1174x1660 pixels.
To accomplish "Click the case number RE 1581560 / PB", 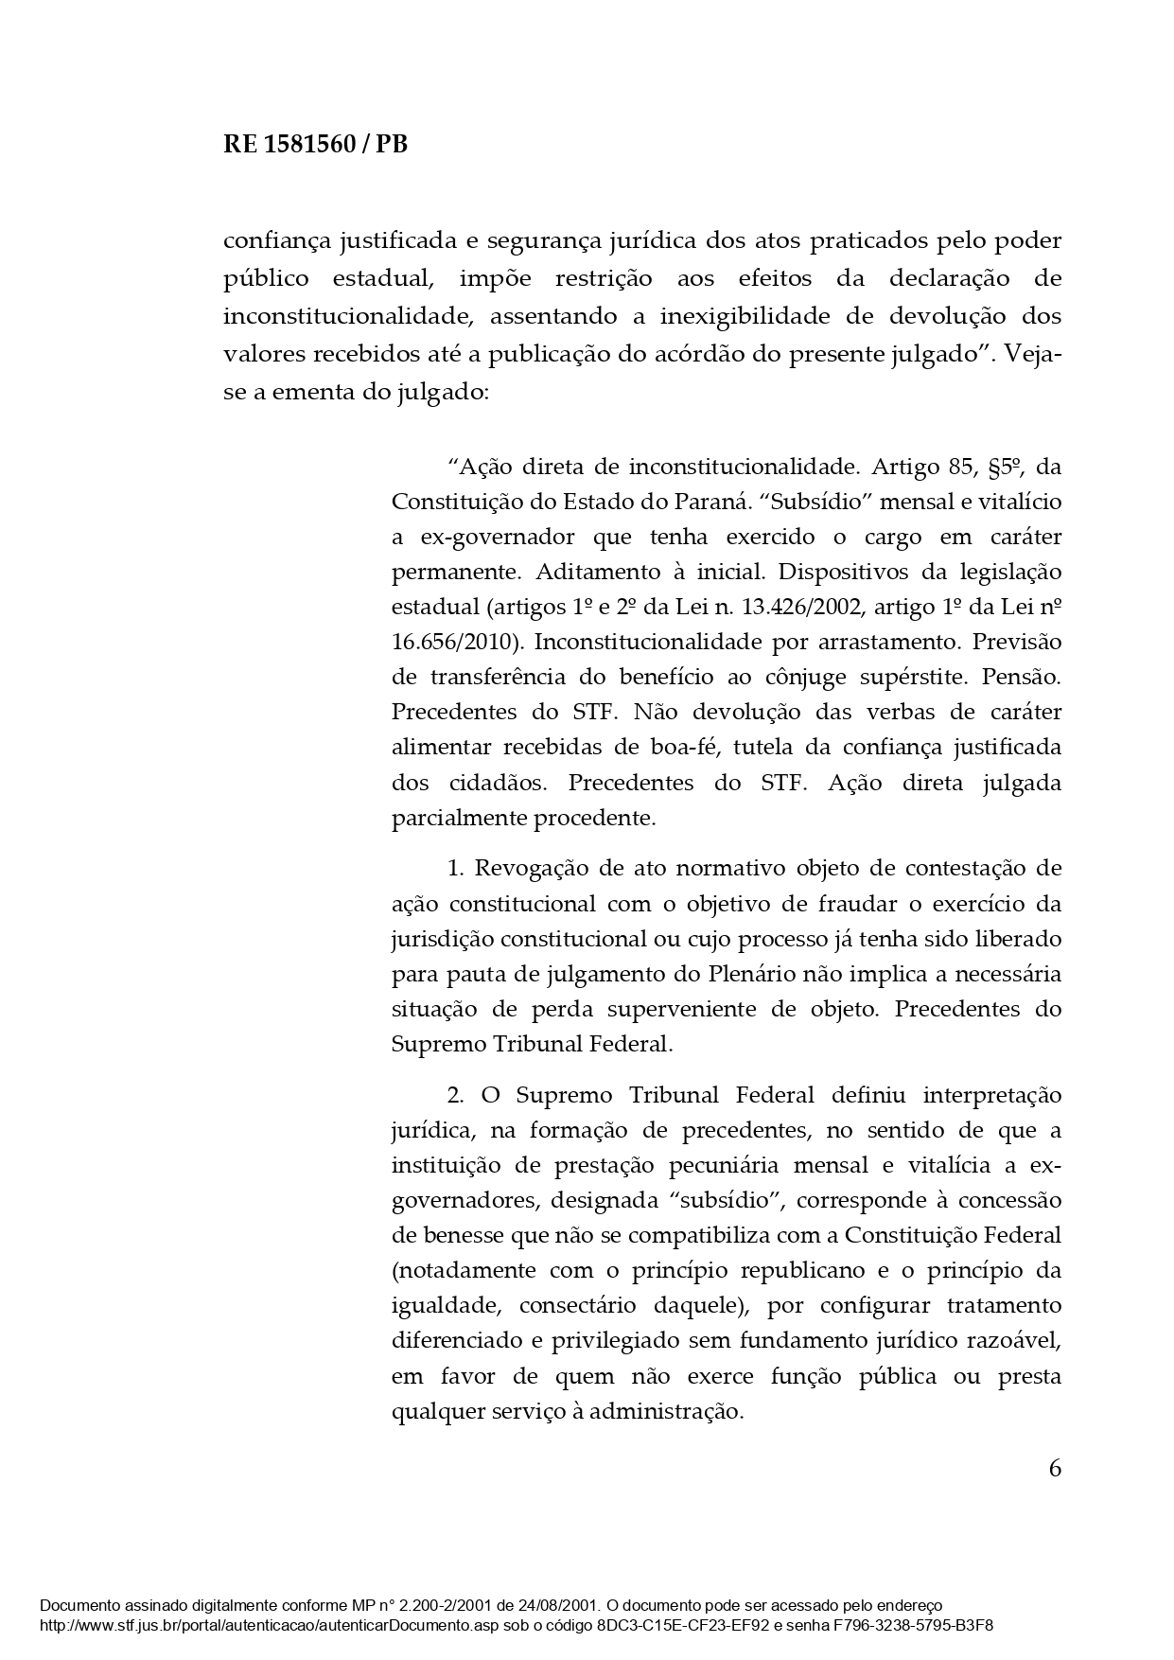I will [315, 145].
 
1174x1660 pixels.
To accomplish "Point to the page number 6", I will [1055, 1468].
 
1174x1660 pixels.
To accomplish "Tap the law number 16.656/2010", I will [457, 642].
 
